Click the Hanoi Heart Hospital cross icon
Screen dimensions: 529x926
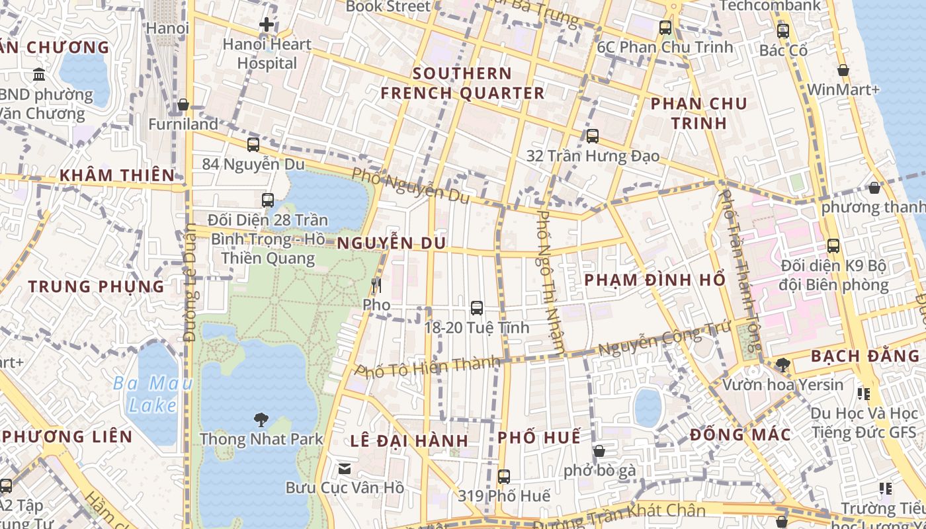(267, 25)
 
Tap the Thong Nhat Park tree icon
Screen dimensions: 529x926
(261, 419)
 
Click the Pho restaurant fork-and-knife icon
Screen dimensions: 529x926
(376, 286)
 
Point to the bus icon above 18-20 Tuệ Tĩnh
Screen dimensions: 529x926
(476, 307)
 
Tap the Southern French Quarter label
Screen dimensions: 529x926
(462, 83)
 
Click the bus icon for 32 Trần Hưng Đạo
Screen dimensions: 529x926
(593, 136)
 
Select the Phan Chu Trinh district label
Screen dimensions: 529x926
(698, 113)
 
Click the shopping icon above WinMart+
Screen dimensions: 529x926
(843, 70)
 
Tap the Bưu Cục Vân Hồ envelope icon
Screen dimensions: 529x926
(345, 469)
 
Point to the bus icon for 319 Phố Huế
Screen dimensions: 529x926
(504, 476)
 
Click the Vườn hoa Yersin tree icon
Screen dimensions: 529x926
(782, 364)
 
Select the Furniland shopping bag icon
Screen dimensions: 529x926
(183, 105)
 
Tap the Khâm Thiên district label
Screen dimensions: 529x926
(117, 175)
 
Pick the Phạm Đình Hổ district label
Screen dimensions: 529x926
(655, 280)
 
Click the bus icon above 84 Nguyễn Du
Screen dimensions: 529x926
(253, 145)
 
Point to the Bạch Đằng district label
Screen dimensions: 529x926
(864, 356)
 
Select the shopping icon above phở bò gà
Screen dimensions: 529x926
(599, 451)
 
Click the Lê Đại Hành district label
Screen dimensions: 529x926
(409, 440)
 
